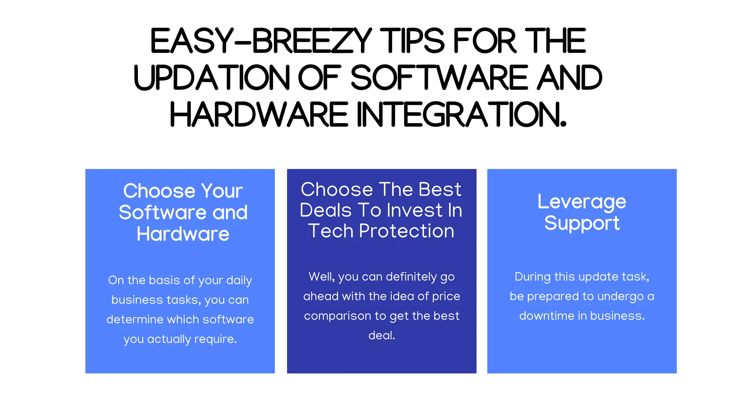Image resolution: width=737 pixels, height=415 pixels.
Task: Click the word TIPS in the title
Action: click(x=412, y=41)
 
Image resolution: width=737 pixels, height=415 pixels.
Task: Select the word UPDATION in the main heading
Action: click(x=211, y=78)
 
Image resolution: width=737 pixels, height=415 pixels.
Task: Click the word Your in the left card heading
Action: click(x=222, y=191)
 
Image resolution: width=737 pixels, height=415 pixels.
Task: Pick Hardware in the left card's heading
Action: click(x=183, y=234)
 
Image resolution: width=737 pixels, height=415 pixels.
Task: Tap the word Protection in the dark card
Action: click(x=407, y=231)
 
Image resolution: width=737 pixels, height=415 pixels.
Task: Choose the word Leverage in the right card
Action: click(x=582, y=202)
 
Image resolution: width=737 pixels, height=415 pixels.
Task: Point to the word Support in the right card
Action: click(x=582, y=223)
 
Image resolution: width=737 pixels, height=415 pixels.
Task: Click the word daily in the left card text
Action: click(x=239, y=281)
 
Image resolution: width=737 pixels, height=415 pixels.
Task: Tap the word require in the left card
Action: click(x=215, y=339)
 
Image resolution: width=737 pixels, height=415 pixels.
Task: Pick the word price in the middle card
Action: click(x=446, y=296)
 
